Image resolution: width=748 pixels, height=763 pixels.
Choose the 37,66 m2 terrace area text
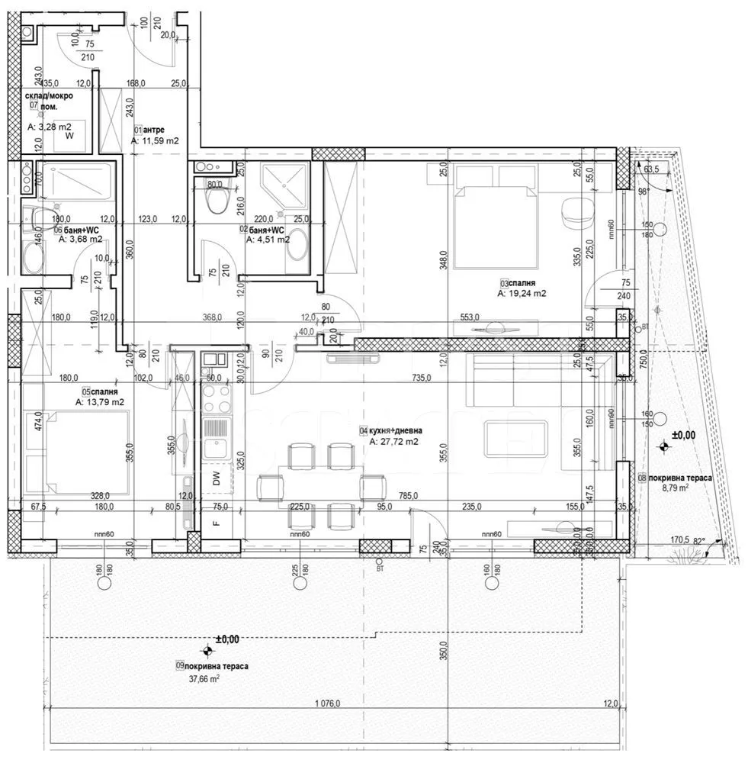(x=201, y=678)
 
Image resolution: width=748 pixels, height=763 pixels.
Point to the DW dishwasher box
(x=217, y=479)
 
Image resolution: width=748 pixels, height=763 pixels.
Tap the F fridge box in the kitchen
(x=217, y=523)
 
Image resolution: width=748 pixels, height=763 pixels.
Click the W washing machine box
(x=69, y=136)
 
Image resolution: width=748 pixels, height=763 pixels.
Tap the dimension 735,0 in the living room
(x=422, y=377)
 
